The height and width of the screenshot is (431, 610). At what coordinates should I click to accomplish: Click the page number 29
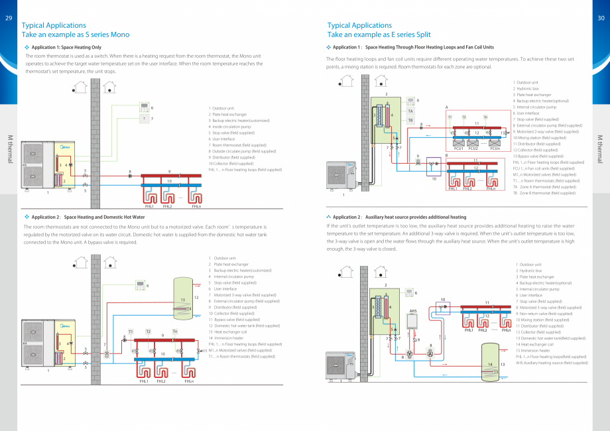[8, 18]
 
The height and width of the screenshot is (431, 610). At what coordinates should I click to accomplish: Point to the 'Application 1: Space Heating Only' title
[66, 48]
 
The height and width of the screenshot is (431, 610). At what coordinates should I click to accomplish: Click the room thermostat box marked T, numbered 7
[144, 119]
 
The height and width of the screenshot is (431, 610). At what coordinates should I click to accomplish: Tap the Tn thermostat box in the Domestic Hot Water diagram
[175, 331]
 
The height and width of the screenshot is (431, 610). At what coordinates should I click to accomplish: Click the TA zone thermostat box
[410, 111]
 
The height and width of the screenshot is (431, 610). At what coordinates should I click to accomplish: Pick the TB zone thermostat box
[410, 121]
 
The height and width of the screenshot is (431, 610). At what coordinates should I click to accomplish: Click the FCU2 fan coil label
[473, 149]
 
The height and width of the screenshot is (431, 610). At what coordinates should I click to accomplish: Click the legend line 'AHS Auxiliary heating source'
[552, 363]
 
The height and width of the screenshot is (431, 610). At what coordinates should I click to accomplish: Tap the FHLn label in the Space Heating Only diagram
[196, 206]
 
